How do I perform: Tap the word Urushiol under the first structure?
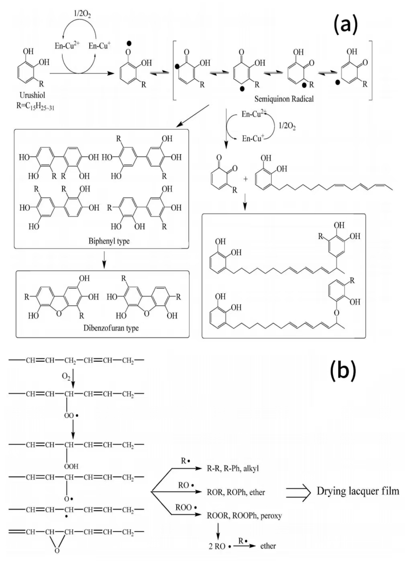32,95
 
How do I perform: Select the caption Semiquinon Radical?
284,99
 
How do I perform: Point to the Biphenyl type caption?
109,241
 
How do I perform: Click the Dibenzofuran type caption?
111,328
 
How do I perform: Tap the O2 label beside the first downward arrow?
66,377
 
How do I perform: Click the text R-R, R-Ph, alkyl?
233,468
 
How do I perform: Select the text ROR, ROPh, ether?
236,492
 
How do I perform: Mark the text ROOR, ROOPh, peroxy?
244,516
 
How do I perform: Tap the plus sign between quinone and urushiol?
245,179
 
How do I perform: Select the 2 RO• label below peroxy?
220,547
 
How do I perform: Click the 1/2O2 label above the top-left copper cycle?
82,14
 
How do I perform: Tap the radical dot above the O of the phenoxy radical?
129,43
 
